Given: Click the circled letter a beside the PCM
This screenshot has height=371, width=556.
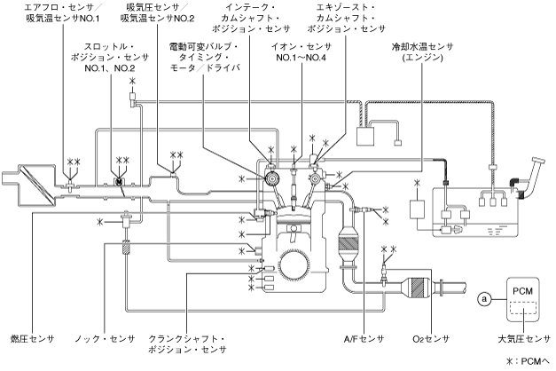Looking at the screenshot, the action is pyautogui.click(x=484, y=299).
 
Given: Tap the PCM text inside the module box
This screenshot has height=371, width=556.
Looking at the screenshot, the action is pyautogui.click(x=522, y=291).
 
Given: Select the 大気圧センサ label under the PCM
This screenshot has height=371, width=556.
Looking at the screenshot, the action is pyautogui.click(x=524, y=339).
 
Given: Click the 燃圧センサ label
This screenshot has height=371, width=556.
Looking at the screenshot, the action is pyautogui.click(x=32, y=339).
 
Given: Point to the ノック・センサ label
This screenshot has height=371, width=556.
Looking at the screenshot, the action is pyautogui.click(x=105, y=339).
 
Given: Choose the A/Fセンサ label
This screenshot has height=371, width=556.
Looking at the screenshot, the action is pyautogui.click(x=364, y=339).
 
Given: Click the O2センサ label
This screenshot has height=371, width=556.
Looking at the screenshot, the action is pyautogui.click(x=431, y=339).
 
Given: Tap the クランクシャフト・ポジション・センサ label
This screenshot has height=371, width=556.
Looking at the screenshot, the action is pyautogui.click(x=187, y=344).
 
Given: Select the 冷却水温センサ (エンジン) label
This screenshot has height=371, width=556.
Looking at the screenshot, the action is pyautogui.click(x=422, y=51).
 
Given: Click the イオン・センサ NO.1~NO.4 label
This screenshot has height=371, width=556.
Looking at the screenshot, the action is pyautogui.click(x=301, y=51).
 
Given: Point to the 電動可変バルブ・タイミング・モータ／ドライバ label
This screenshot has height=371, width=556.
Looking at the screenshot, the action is pyautogui.click(x=205, y=57).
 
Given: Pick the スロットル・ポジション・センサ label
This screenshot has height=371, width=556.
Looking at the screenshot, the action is pyautogui.click(x=110, y=57).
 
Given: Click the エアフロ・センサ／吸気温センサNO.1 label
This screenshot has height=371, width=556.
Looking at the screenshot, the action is pyautogui.click(x=63, y=12).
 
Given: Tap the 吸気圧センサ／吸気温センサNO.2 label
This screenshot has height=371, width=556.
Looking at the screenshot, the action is pyautogui.click(x=157, y=12).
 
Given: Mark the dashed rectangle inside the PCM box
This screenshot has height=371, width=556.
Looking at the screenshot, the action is pyautogui.click(x=523, y=307).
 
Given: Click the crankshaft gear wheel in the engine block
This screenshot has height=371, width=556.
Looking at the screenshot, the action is pyautogui.click(x=294, y=264).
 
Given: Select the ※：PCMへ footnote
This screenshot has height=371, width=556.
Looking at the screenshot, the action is pyautogui.click(x=528, y=361).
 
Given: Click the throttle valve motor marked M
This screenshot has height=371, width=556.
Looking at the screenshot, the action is pyautogui.click(x=119, y=181).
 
